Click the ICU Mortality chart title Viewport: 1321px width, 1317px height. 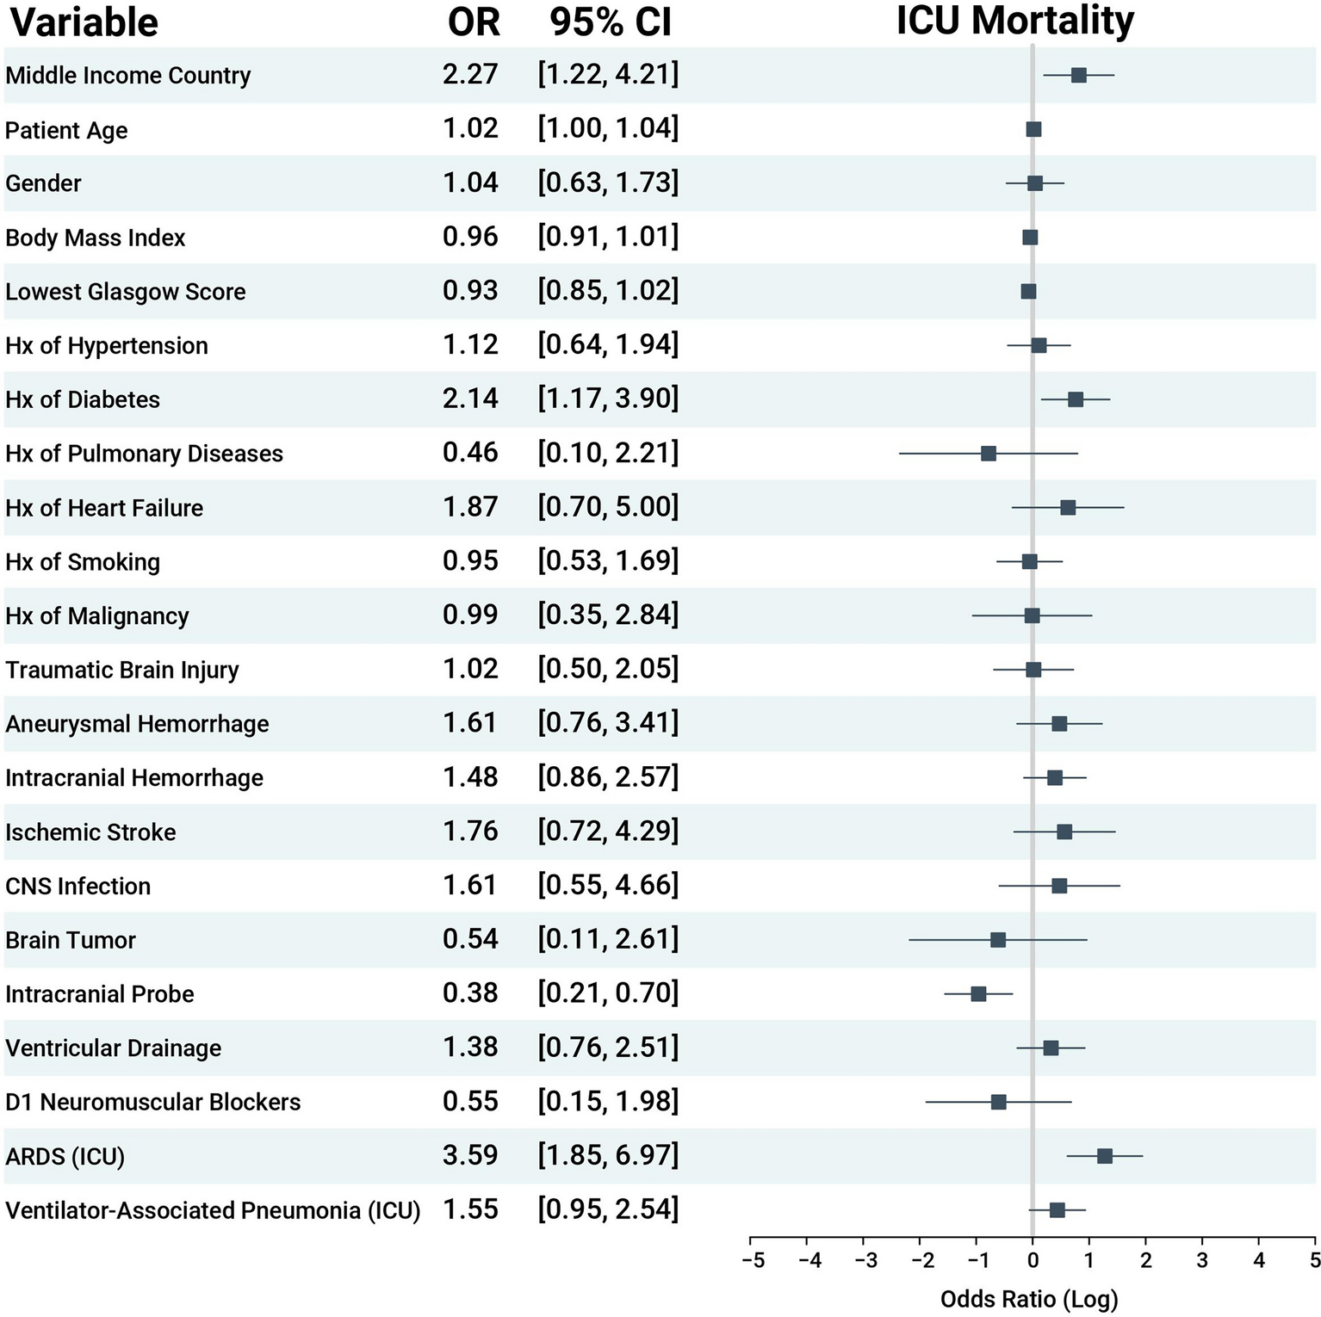[1014, 21]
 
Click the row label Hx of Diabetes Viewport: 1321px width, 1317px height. [83, 399]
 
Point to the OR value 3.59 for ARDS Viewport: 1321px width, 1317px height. [470, 1155]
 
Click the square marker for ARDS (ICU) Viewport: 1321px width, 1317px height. [1104, 1156]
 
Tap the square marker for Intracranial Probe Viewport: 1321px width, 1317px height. [978, 994]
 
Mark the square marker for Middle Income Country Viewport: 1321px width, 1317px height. [1078, 75]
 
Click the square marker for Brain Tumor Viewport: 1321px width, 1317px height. [997, 940]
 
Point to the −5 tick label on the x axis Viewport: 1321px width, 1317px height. [753, 1261]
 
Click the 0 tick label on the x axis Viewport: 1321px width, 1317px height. [1033, 1261]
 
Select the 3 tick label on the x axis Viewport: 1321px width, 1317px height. [1202, 1261]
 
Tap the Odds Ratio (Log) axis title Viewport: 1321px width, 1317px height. [1029, 1299]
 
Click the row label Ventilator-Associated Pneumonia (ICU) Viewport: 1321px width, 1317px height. [213, 1210]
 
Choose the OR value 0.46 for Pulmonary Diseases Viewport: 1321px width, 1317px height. [470, 453]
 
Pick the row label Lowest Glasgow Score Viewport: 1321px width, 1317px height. [126, 292]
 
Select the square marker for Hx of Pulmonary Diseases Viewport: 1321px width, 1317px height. [988, 454]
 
